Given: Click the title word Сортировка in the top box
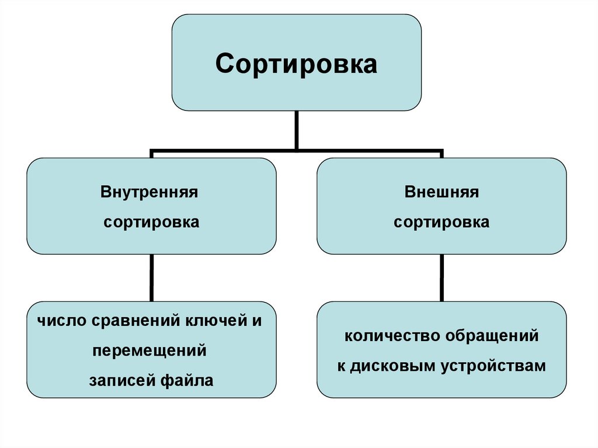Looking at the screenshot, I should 296,64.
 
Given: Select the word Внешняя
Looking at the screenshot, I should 441,192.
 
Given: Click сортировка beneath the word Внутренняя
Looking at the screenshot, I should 151,223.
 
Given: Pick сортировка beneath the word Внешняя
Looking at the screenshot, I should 441,223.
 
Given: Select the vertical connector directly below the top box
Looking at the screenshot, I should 297,130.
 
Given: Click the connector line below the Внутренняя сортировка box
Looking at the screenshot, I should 151,277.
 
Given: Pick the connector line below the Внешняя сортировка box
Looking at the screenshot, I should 441,277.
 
